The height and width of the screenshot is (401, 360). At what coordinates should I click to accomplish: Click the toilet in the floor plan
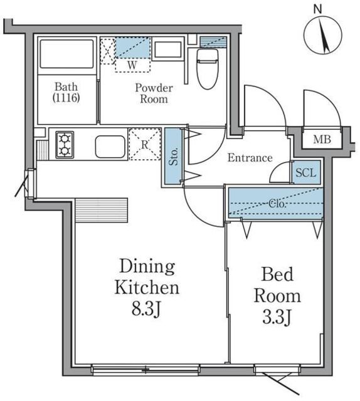[x=208, y=68]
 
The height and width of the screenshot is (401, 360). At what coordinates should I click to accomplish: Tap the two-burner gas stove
[x=65, y=145]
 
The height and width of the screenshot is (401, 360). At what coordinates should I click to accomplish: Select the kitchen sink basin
[x=110, y=147]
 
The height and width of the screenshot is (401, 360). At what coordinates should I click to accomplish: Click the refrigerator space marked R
[x=145, y=145]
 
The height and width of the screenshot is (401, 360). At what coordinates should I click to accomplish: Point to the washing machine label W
[x=132, y=65]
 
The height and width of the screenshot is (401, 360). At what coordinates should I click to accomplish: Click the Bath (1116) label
[x=66, y=92]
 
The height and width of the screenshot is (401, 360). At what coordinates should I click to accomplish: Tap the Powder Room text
[x=154, y=93]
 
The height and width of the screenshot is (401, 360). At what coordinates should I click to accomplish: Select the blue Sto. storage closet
[x=173, y=156]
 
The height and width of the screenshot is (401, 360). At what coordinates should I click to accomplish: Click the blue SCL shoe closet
[x=306, y=172]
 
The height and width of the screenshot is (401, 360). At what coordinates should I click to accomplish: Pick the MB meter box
[x=322, y=140]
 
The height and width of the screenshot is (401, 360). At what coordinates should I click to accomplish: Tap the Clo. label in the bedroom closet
[x=277, y=204]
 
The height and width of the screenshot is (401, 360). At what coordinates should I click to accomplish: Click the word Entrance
[x=250, y=158]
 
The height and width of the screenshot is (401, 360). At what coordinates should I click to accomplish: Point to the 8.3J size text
[x=146, y=309]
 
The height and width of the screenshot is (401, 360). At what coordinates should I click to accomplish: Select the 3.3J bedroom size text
[x=277, y=317]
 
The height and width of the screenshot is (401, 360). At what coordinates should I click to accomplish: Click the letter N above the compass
[x=318, y=9]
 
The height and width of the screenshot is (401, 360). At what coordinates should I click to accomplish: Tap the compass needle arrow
[x=324, y=36]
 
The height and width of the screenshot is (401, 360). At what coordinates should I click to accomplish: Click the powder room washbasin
[x=168, y=49]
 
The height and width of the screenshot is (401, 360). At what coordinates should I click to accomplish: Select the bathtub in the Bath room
[x=66, y=54]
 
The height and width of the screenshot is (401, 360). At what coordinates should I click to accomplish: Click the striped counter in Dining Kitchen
[x=102, y=210]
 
